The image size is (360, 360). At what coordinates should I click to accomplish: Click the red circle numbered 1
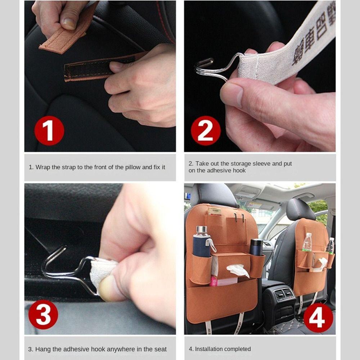click(49, 130)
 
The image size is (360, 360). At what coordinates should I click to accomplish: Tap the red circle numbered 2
click(206, 130)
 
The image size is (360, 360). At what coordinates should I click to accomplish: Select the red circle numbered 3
click(43, 314)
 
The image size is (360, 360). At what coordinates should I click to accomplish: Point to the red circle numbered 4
click(318, 318)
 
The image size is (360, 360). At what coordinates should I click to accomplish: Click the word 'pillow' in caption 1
click(132, 167)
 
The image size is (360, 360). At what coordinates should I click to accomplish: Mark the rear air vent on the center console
click(284, 294)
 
